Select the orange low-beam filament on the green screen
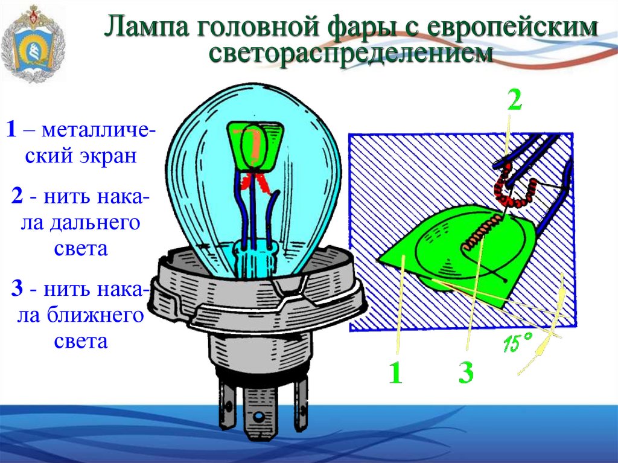[480, 232]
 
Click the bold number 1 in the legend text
[11, 129]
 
